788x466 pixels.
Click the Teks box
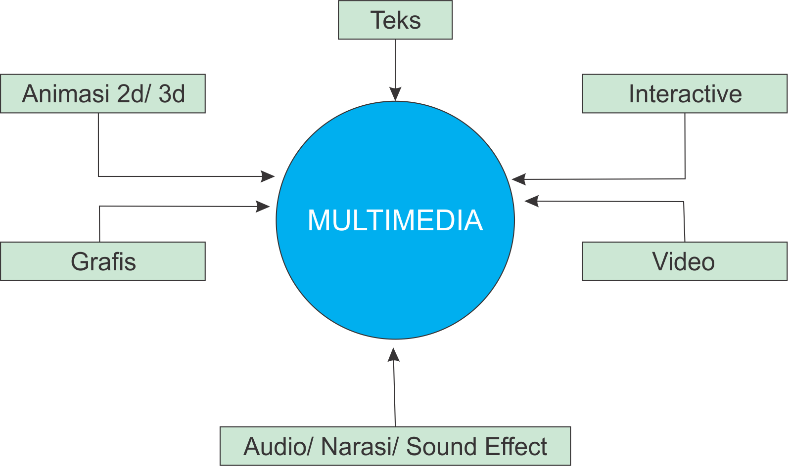[x=395, y=20]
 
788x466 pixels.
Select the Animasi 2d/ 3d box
[x=103, y=94]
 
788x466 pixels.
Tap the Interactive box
[x=685, y=94]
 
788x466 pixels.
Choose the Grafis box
[x=103, y=261]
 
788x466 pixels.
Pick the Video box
[x=685, y=261]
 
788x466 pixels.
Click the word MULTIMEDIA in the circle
[x=395, y=220]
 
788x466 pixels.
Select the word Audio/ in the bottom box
[x=278, y=447]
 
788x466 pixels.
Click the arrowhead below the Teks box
[x=395, y=93]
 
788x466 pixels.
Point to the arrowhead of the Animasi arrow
[x=268, y=176]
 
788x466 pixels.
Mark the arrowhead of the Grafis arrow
[x=263, y=206]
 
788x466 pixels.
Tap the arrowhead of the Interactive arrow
[x=519, y=179]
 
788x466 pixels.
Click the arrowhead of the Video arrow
[x=531, y=201]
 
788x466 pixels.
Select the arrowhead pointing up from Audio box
[x=394, y=354]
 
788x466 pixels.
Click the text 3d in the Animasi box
[x=172, y=94]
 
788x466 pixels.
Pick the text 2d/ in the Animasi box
[x=134, y=94]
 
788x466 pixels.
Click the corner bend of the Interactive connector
[x=685, y=178]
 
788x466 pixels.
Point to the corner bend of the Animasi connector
[x=98, y=176]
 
